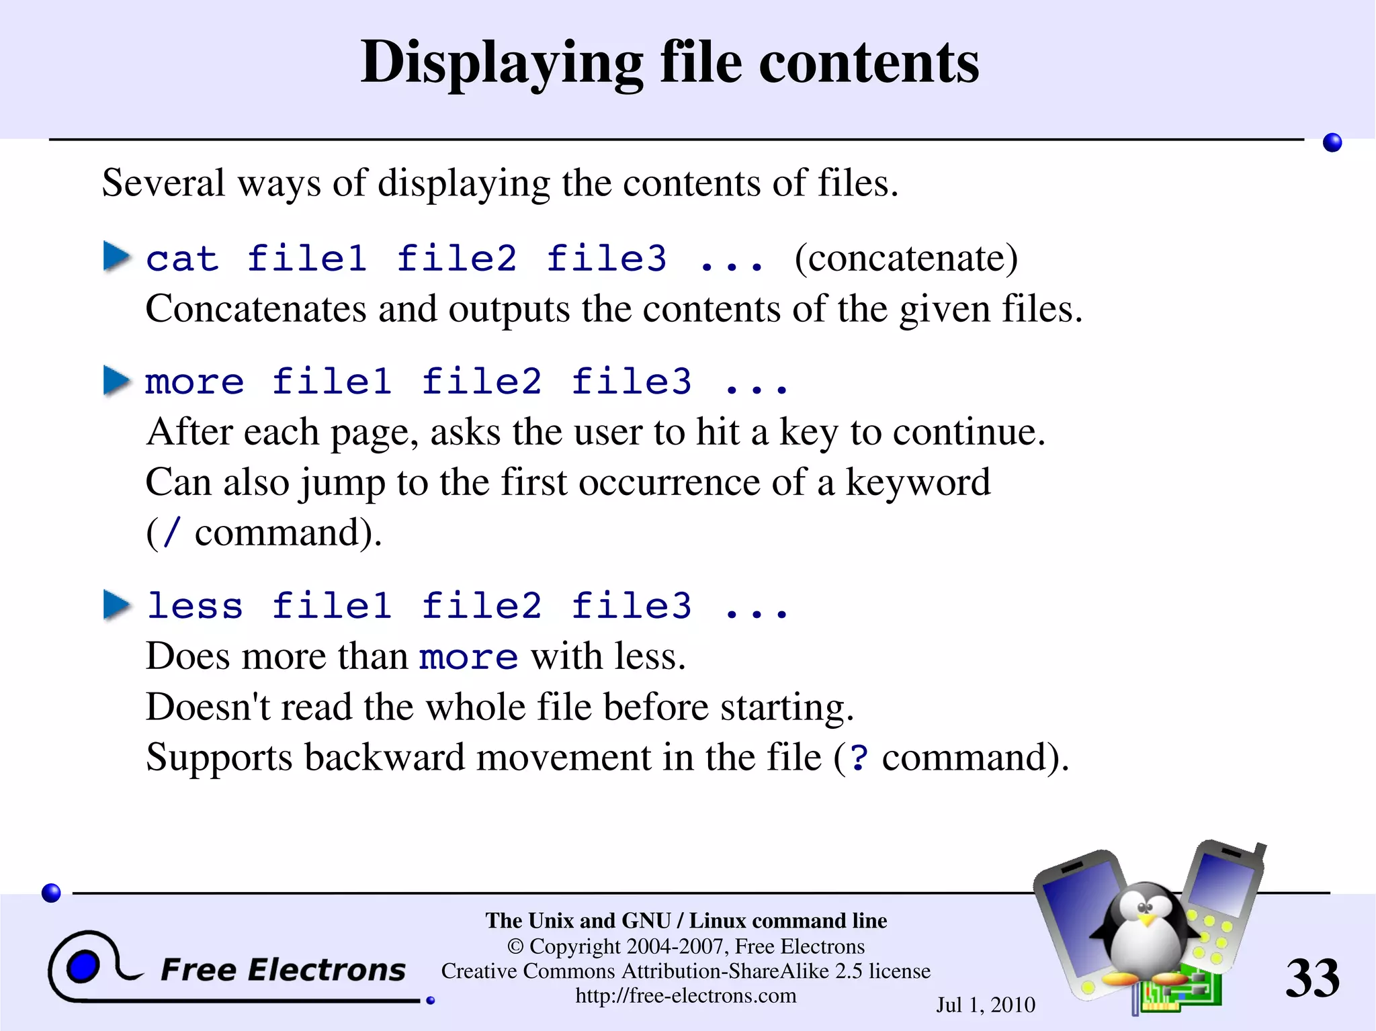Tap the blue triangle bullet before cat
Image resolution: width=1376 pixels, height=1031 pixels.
pos(116,257)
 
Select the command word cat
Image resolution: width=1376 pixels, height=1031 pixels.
pos(182,259)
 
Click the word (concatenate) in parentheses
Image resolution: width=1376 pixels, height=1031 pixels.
pos(906,259)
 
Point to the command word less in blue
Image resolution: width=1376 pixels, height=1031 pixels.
pos(195,606)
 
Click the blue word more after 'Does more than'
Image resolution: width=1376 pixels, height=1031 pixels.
pos(468,658)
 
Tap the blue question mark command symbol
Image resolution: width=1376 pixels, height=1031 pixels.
pos(859,758)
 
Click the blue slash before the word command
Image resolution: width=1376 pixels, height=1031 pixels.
pos(172,533)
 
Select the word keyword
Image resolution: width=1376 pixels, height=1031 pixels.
pos(918,482)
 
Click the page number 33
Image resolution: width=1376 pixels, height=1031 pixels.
pos(1312,979)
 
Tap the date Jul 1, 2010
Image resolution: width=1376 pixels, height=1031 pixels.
pos(986,1005)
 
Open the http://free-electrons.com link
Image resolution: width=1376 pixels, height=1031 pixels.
pos(685,995)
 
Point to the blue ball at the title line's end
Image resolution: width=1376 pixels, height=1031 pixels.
pos(1332,142)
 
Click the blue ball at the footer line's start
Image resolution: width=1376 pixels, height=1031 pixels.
pos(51,893)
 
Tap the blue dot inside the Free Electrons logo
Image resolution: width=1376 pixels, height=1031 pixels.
pos(83,967)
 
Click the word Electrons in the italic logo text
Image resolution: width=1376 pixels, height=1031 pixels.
pos(327,971)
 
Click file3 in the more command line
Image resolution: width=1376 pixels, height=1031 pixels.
pos(631,382)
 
